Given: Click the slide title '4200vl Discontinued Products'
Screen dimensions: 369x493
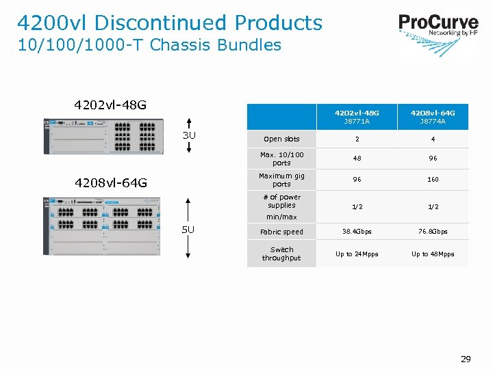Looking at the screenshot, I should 170,23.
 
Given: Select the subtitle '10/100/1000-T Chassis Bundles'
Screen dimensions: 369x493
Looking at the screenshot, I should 149,45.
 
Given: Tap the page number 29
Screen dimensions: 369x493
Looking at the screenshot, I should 466,359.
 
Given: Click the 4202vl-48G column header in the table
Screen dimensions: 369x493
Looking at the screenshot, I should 357,116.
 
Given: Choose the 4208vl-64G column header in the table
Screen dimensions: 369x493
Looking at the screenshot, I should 433,116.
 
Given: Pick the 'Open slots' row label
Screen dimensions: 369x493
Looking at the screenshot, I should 281,139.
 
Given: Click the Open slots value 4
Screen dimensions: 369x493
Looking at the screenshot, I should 433,139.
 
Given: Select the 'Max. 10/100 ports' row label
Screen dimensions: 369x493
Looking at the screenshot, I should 281,159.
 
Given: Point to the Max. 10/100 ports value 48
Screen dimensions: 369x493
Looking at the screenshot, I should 357,159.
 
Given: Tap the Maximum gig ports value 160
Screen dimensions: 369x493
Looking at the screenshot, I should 433,180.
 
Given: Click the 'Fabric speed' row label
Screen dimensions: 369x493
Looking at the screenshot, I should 281,232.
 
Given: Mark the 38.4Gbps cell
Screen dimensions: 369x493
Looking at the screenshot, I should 357,232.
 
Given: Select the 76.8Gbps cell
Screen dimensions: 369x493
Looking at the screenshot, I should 433,232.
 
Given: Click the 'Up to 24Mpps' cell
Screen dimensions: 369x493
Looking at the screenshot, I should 357,254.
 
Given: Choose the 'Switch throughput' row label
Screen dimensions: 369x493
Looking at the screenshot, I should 281,254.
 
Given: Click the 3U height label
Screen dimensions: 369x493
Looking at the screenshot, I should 189,135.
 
